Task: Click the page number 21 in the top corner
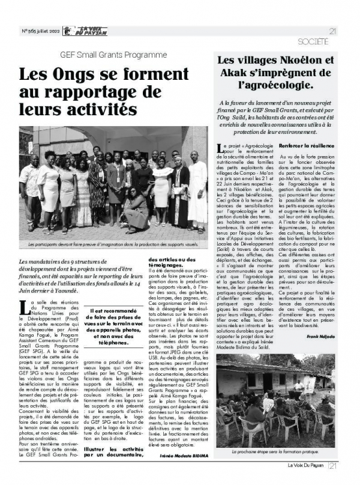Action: [x=332, y=31]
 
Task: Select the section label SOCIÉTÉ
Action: [x=313, y=42]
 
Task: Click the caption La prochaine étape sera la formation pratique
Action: [x=275, y=449]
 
